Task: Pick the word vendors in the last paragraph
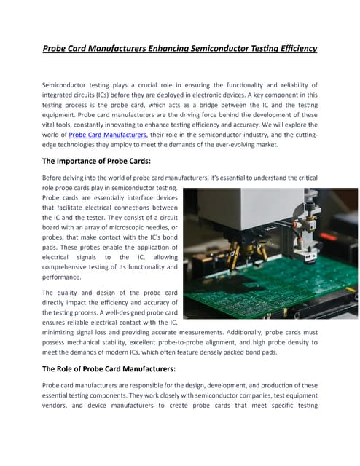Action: tap(58, 408)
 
